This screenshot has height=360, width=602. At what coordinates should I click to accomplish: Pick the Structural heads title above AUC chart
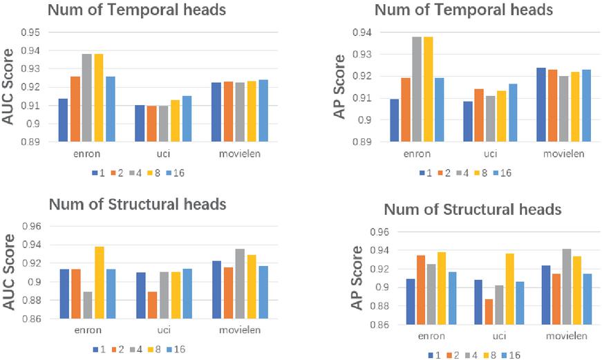(137, 205)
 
